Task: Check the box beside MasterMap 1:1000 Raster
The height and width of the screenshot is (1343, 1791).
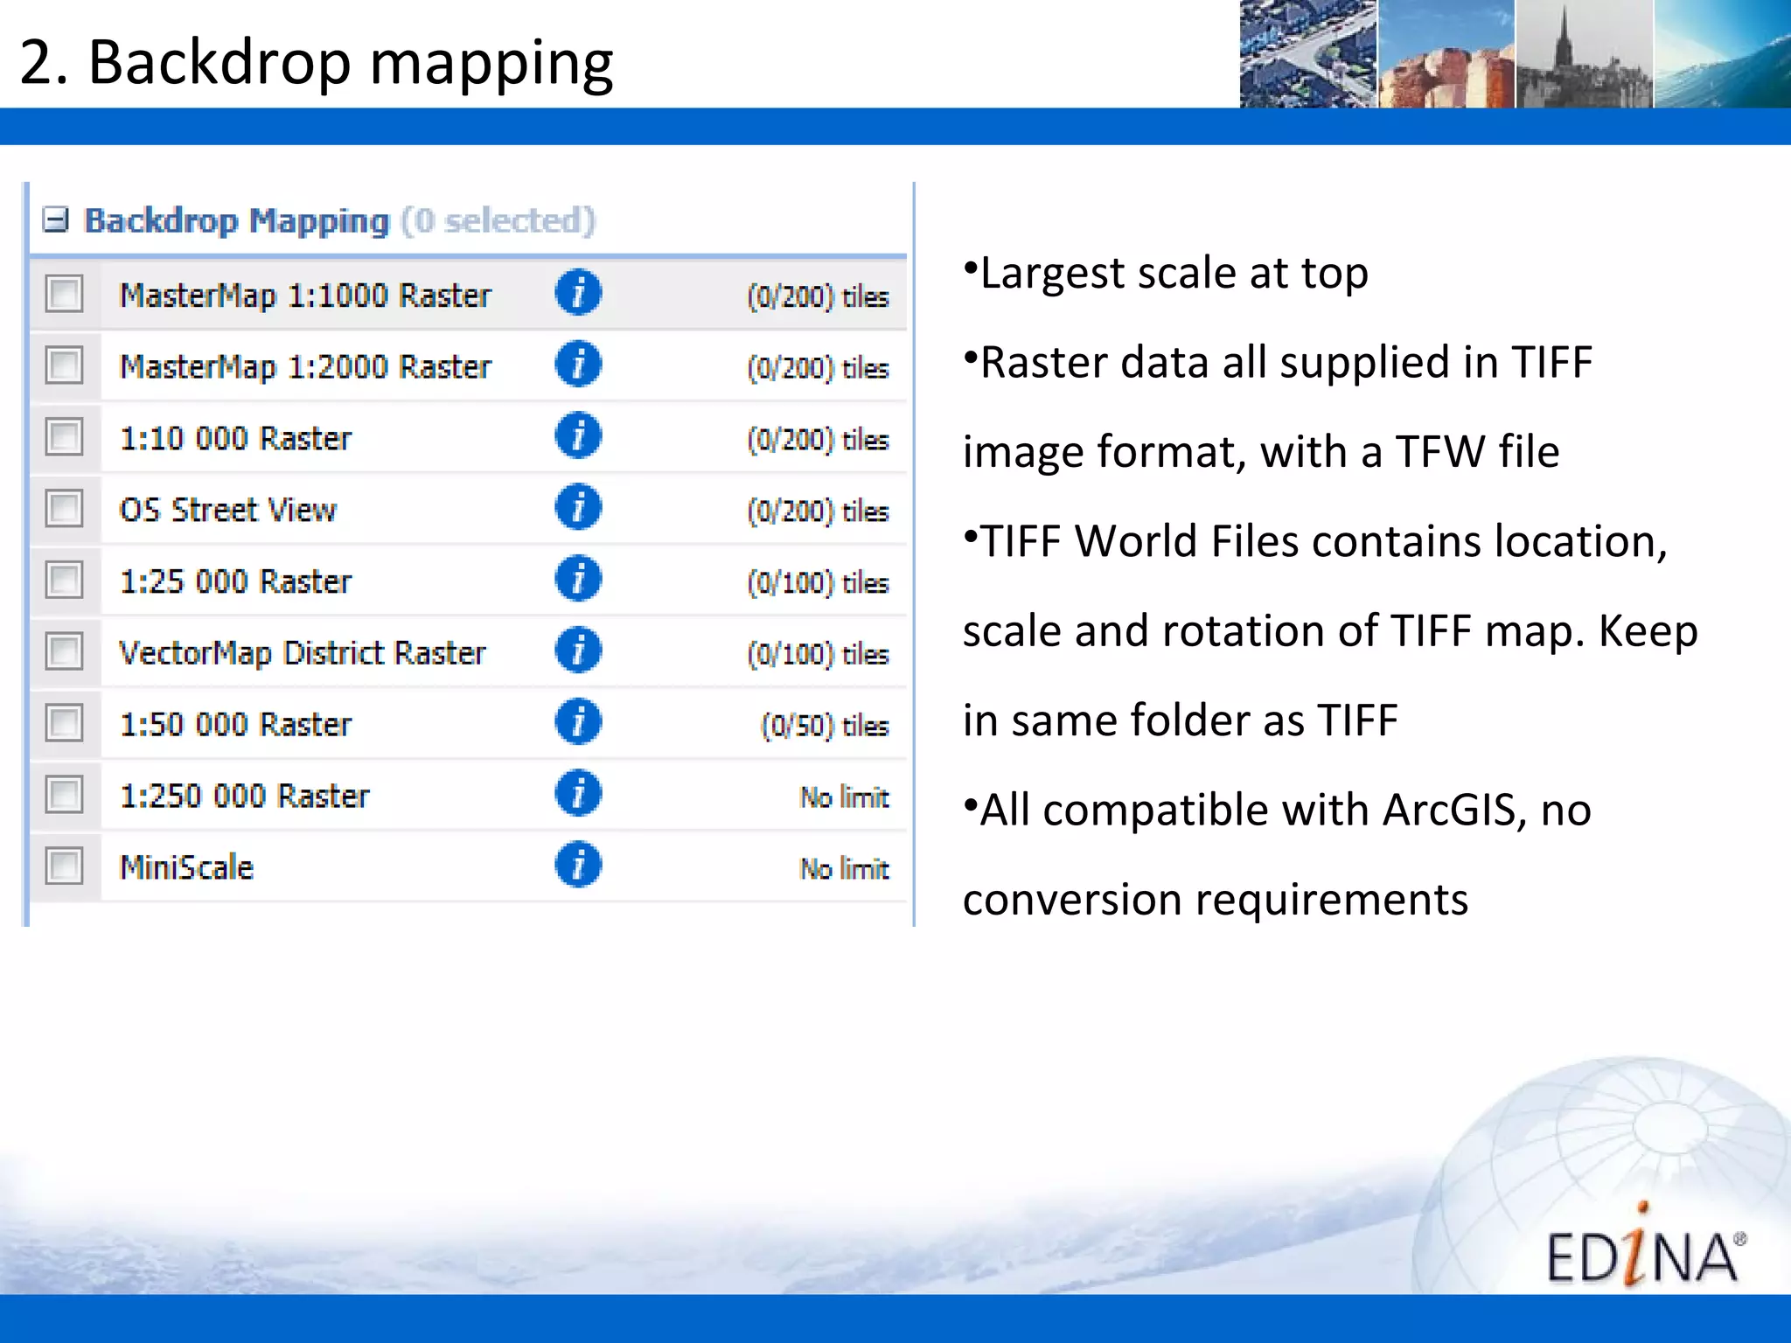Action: click(x=65, y=294)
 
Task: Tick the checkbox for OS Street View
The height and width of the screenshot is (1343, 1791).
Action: click(x=65, y=509)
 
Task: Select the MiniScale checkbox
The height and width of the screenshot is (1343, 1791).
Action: click(x=65, y=866)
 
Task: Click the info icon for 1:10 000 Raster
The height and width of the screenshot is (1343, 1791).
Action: click(x=578, y=435)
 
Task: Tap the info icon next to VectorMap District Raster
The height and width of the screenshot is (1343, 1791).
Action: click(x=578, y=651)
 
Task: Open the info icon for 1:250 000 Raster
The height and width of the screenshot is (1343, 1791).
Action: click(x=578, y=794)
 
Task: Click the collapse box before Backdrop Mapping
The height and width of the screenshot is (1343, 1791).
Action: click(x=56, y=220)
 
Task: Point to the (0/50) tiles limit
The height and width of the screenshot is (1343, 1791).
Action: click(x=825, y=726)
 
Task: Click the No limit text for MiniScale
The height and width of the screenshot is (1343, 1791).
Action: click(x=844, y=868)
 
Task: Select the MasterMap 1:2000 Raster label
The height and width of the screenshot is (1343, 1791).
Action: click(x=305, y=366)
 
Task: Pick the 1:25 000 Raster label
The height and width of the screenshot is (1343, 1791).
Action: click(x=235, y=581)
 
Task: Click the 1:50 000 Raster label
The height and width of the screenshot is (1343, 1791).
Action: click(x=235, y=725)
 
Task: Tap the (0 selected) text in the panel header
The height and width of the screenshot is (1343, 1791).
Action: click(x=498, y=220)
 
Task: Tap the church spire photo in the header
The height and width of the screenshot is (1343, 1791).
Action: click(x=1584, y=54)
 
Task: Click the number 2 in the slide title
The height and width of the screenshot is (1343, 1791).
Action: click(x=37, y=63)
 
